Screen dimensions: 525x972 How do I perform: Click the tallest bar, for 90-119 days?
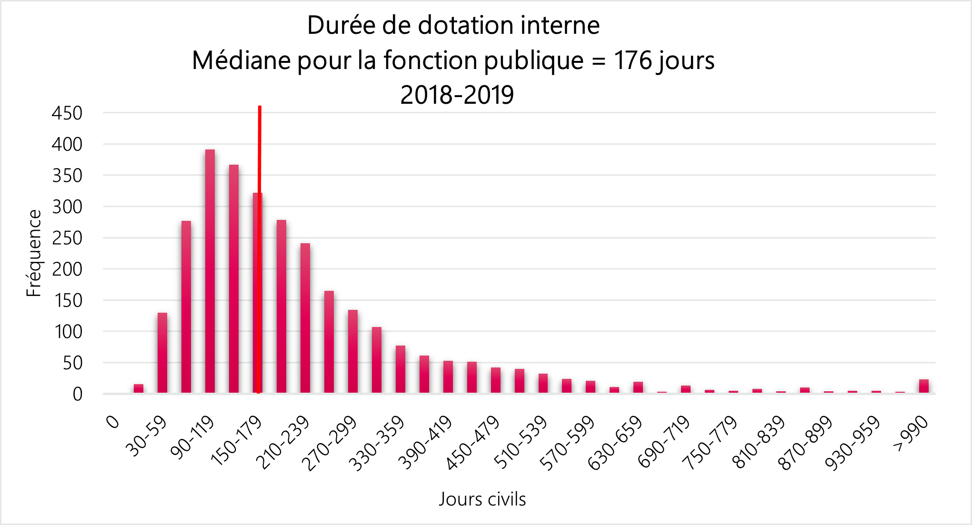[x=210, y=271]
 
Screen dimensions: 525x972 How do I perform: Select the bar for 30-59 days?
[x=162, y=353]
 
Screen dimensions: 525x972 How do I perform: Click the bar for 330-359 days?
[x=401, y=369]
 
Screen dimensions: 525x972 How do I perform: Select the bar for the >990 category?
[x=924, y=386]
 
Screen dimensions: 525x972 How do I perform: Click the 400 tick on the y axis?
[x=67, y=144]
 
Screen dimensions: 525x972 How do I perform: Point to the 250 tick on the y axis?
[x=67, y=238]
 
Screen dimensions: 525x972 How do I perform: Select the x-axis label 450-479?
[x=473, y=443]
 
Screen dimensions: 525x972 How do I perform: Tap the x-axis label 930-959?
[x=854, y=443]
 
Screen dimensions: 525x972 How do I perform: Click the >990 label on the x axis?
[x=912, y=434]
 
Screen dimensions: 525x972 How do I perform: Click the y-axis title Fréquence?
[x=34, y=253]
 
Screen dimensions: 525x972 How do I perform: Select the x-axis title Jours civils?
[x=482, y=499]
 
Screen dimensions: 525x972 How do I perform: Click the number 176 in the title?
[x=632, y=61]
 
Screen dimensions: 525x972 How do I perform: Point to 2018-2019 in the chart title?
[x=457, y=95]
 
